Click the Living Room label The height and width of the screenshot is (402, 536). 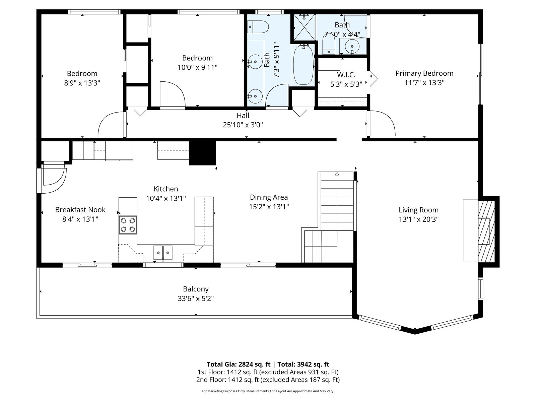(418, 210)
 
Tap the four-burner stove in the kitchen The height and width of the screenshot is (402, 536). (128, 225)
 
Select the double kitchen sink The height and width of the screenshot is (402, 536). (162, 253)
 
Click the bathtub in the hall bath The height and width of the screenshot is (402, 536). (303, 65)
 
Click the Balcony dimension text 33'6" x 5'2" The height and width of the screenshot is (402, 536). (196, 298)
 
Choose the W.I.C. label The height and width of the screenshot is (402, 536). (346, 75)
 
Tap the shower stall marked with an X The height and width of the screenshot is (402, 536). (304, 27)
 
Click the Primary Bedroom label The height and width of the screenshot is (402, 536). (424, 73)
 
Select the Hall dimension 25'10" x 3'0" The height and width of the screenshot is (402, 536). (243, 125)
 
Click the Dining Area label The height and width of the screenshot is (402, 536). (269, 197)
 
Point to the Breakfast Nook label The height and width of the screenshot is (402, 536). (80, 210)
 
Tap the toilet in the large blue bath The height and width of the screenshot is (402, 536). (258, 27)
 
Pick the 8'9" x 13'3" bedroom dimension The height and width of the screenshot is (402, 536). (82, 83)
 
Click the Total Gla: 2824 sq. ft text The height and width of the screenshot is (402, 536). (238, 364)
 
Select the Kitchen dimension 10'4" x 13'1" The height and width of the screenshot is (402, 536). (166, 198)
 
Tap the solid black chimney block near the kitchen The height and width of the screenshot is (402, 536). (203, 153)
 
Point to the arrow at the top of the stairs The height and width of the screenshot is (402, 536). (337, 174)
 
